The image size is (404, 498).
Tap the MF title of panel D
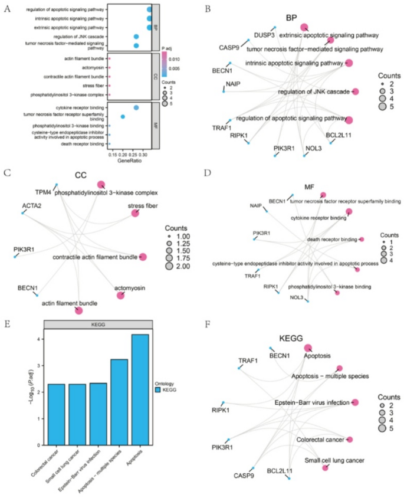pos(306,186)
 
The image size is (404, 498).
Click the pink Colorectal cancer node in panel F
pos(350,440)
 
